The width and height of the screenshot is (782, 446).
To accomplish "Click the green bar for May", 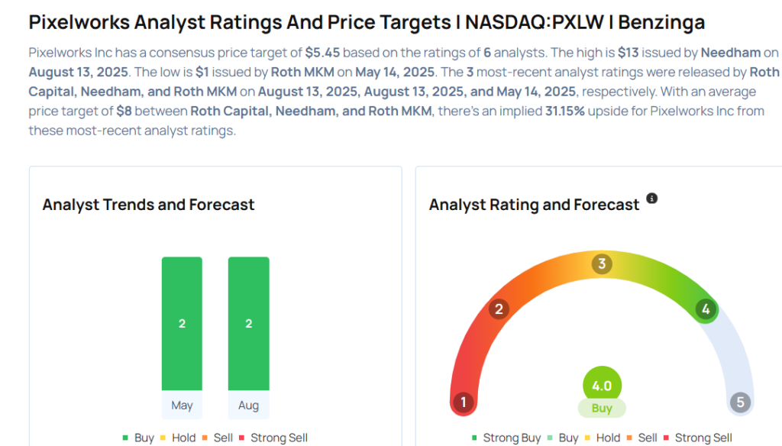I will coord(182,323).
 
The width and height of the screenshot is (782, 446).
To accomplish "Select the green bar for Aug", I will coord(248,323).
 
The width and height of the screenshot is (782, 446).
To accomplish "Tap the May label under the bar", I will coord(182,406).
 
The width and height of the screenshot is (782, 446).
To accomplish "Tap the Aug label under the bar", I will coord(248,406).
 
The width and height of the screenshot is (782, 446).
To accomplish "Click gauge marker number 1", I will coord(463,402).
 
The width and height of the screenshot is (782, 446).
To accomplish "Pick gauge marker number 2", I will coord(499,309).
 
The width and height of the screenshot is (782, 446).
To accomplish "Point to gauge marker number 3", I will coord(602,264).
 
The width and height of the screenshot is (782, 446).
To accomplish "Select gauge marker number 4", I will coord(706,309).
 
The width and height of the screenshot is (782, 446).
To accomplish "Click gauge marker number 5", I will coord(739,402).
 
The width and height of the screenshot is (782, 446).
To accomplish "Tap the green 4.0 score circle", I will coord(602,386).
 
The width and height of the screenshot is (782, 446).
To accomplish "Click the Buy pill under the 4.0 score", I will coord(602,409).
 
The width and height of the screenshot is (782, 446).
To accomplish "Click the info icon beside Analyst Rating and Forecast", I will coord(651,199).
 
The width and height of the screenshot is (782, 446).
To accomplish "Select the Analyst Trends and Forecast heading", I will coord(148,205).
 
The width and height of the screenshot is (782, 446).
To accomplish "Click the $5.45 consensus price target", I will coord(322,53).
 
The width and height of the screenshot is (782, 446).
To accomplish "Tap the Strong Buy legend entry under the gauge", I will coord(506,438).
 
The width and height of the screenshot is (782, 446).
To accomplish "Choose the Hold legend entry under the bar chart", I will coord(177,438).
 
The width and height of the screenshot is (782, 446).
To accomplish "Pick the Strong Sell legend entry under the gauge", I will coord(697,438).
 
